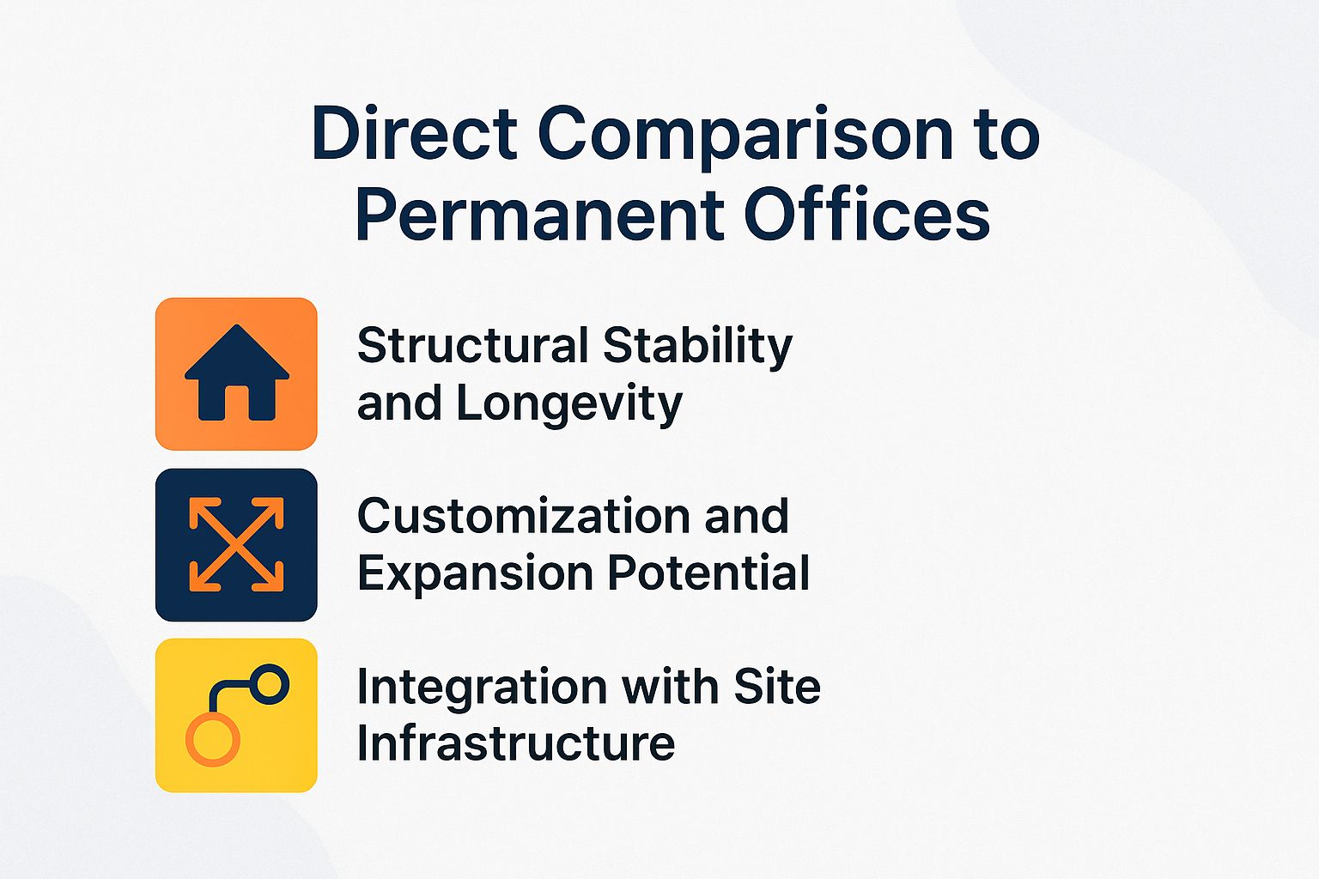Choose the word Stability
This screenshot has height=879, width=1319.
click(697, 347)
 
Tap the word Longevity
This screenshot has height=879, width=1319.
click(569, 403)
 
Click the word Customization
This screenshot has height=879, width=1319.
click(523, 516)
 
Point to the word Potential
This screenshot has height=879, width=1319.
click(709, 573)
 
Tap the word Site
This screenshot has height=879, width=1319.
click(777, 686)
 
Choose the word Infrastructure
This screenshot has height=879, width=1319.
click(515, 743)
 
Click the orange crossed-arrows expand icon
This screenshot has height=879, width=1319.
click(236, 544)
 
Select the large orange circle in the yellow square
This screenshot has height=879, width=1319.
click(212, 739)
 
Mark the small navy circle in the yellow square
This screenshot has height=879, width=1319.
click(270, 684)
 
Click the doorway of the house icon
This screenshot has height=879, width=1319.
click(236, 403)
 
